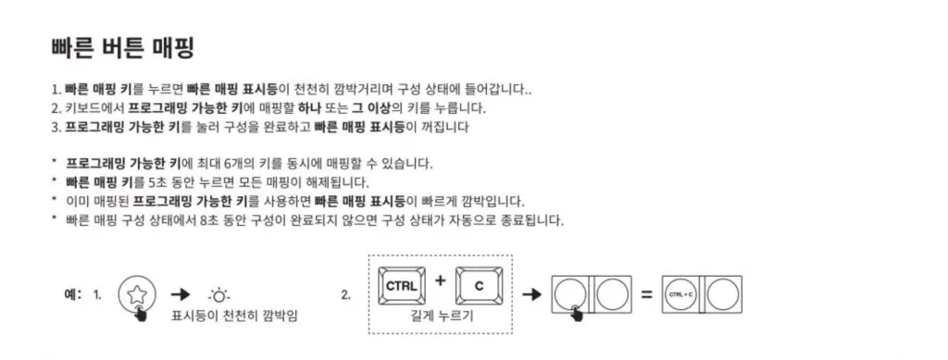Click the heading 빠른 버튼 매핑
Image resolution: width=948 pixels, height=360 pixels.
120,47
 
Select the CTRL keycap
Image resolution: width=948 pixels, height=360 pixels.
401,287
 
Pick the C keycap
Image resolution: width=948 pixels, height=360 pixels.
479,287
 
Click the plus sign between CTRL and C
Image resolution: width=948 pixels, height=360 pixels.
440,280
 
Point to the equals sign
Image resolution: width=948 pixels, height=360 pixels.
646,296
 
